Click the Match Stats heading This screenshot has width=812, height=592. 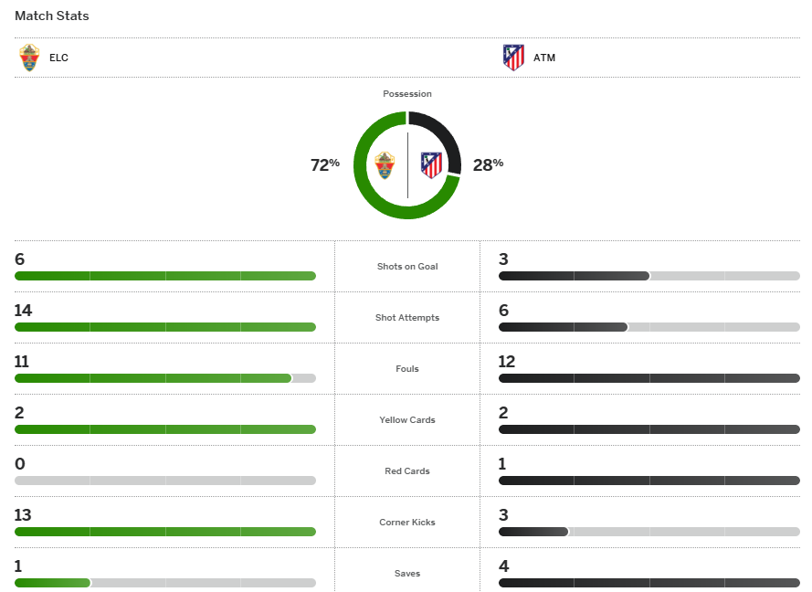(52, 16)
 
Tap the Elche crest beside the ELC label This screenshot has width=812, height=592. (30, 58)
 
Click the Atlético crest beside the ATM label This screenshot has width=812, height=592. (513, 58)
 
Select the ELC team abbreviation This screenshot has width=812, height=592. (59, 58)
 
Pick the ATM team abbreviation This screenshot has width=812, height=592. (544, 58)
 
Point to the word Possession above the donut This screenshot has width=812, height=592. (407, 94)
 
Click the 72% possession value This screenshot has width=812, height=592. (325, 164)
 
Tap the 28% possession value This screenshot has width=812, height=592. (488, 164)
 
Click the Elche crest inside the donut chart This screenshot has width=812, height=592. (385, 165)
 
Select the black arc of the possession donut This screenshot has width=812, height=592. (448, 137)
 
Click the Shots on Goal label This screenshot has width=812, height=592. (407, 267)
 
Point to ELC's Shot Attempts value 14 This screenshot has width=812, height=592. (23, 311)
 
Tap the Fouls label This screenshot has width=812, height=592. (407, 369)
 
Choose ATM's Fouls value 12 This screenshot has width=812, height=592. (507, 362)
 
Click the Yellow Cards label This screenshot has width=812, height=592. (407, 420)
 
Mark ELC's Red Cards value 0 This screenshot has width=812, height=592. (20, 464)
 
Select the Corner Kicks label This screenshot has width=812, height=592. (407, 523)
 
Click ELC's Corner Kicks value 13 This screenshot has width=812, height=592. (23, 515)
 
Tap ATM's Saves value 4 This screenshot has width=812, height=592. (504, 566)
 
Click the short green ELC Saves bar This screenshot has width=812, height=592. (52, 583)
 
